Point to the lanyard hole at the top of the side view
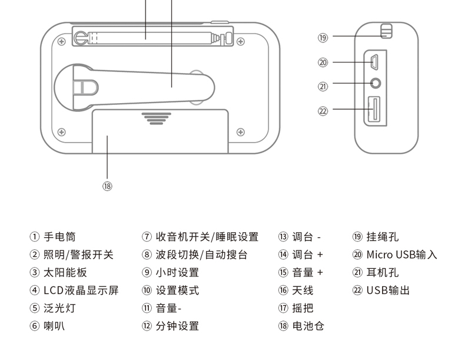(386, 31)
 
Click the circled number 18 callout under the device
(107, 186)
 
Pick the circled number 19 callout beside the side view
(323, 38)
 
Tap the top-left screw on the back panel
(62, 41)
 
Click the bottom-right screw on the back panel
(240, 132)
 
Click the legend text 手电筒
(59, 237)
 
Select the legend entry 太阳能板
(65, 272)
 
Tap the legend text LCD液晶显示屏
(81, 290)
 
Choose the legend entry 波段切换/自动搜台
(202, 255)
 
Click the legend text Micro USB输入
(401, 255)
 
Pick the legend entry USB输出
(388, 290)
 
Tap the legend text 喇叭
(54, 326)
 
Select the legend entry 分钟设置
(177, 326)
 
